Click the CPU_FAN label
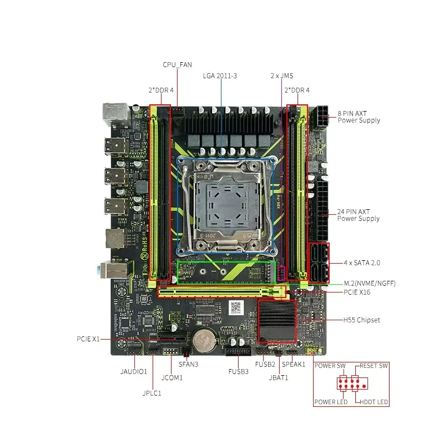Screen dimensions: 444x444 coord(177,65)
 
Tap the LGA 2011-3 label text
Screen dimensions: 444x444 coord(220,75)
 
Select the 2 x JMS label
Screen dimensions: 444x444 coord(282,75)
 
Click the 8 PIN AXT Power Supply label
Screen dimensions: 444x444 coord(359,117)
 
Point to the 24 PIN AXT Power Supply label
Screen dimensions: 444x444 coord(359,215)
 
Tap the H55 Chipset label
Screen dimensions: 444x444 coord(361,320)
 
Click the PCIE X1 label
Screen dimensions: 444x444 coord(88,339)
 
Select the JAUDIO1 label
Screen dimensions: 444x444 coord(133,371)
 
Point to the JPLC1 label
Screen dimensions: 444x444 coord(151,393)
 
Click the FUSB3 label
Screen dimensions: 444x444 coord(238,371)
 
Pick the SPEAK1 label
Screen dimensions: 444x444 coord(294,365)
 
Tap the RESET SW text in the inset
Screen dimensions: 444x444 coord(373,366)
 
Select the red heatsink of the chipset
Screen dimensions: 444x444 coord(276,320)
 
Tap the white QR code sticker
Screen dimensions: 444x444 coord(237,308)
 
